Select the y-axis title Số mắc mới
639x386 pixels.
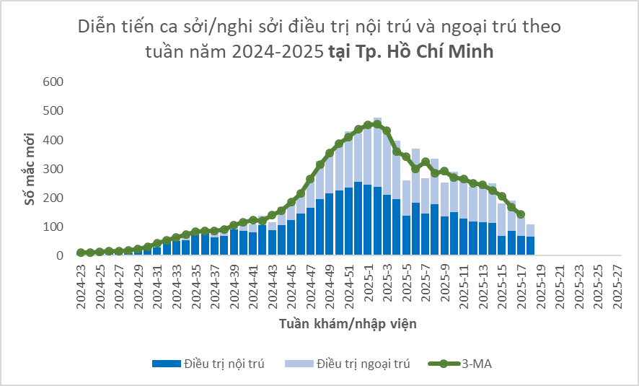[x=30, y=168]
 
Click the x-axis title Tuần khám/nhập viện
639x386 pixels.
[x=348, y=324]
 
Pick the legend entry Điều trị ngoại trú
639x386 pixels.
[x=363, y=364]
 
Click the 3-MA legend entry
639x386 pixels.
[x=477, y=364]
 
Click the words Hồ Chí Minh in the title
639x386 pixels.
[x=443, y=52]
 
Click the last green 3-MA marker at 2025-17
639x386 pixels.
[x=521, y=214]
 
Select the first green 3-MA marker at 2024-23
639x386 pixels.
[x=81, y=253]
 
